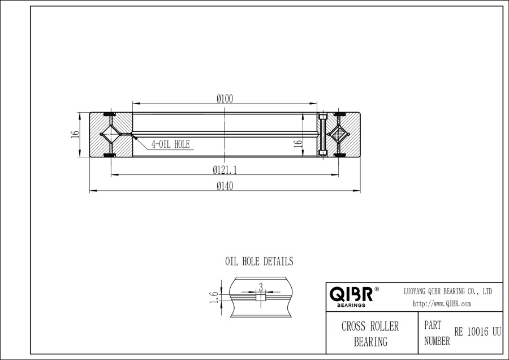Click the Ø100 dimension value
point(225,98)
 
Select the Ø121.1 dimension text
point(225,169)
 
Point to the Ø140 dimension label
point(225,186)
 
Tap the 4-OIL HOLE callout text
point(170,144)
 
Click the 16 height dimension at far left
point(75,135)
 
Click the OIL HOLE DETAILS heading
point(259,262)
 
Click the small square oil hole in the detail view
point(260,298)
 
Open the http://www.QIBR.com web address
point(442,303)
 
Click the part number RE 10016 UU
point(477,332)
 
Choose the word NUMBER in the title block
point(437,341)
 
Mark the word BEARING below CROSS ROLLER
point(370,341)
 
